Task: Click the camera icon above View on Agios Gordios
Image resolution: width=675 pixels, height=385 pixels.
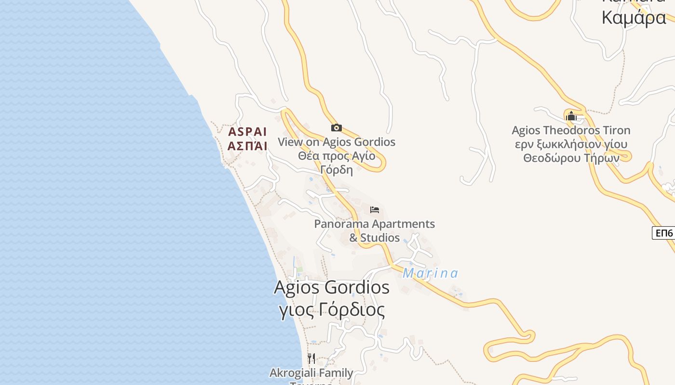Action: (337, 128)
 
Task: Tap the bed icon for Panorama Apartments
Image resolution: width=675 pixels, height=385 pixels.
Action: (375, 210)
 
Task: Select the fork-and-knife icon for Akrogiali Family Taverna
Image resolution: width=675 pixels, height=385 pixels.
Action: (311, 358)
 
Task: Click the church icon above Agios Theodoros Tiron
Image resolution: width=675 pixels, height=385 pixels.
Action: (571, 116)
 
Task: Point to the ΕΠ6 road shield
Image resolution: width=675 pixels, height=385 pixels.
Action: (663, 233)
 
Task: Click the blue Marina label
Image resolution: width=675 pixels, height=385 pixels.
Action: (430, 273)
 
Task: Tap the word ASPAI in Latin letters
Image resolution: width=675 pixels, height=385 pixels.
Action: (247, 132)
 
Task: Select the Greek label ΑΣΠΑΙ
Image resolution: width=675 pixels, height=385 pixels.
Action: (247, 146)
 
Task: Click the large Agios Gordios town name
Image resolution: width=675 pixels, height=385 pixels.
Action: (332, 287)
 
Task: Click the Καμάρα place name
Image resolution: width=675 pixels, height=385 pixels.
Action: (634, 18)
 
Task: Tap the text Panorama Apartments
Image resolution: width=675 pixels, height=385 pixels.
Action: (375, 224)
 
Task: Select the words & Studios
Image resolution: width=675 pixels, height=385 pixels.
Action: (375, 238)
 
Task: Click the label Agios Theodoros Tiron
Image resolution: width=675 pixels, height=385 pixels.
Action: (571, 130)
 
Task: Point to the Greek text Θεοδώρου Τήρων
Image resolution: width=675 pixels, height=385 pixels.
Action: (571, 158)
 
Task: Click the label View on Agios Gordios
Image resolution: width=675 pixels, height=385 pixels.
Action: (337, 142)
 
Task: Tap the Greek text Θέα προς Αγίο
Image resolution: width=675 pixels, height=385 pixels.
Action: (337, 156)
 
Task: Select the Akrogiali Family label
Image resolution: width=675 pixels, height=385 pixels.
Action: (311, 373)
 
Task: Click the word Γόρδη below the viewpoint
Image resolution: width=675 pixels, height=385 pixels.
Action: (337, 170)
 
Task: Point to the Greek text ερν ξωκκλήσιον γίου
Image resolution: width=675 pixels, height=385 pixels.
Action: (571, 144)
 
